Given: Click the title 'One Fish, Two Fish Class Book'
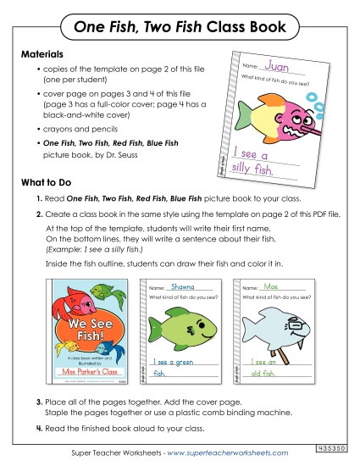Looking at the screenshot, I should (x=180, y=28).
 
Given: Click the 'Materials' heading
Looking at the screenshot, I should (x=42, y=53).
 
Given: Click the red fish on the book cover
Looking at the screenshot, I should (x=69, y=301).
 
